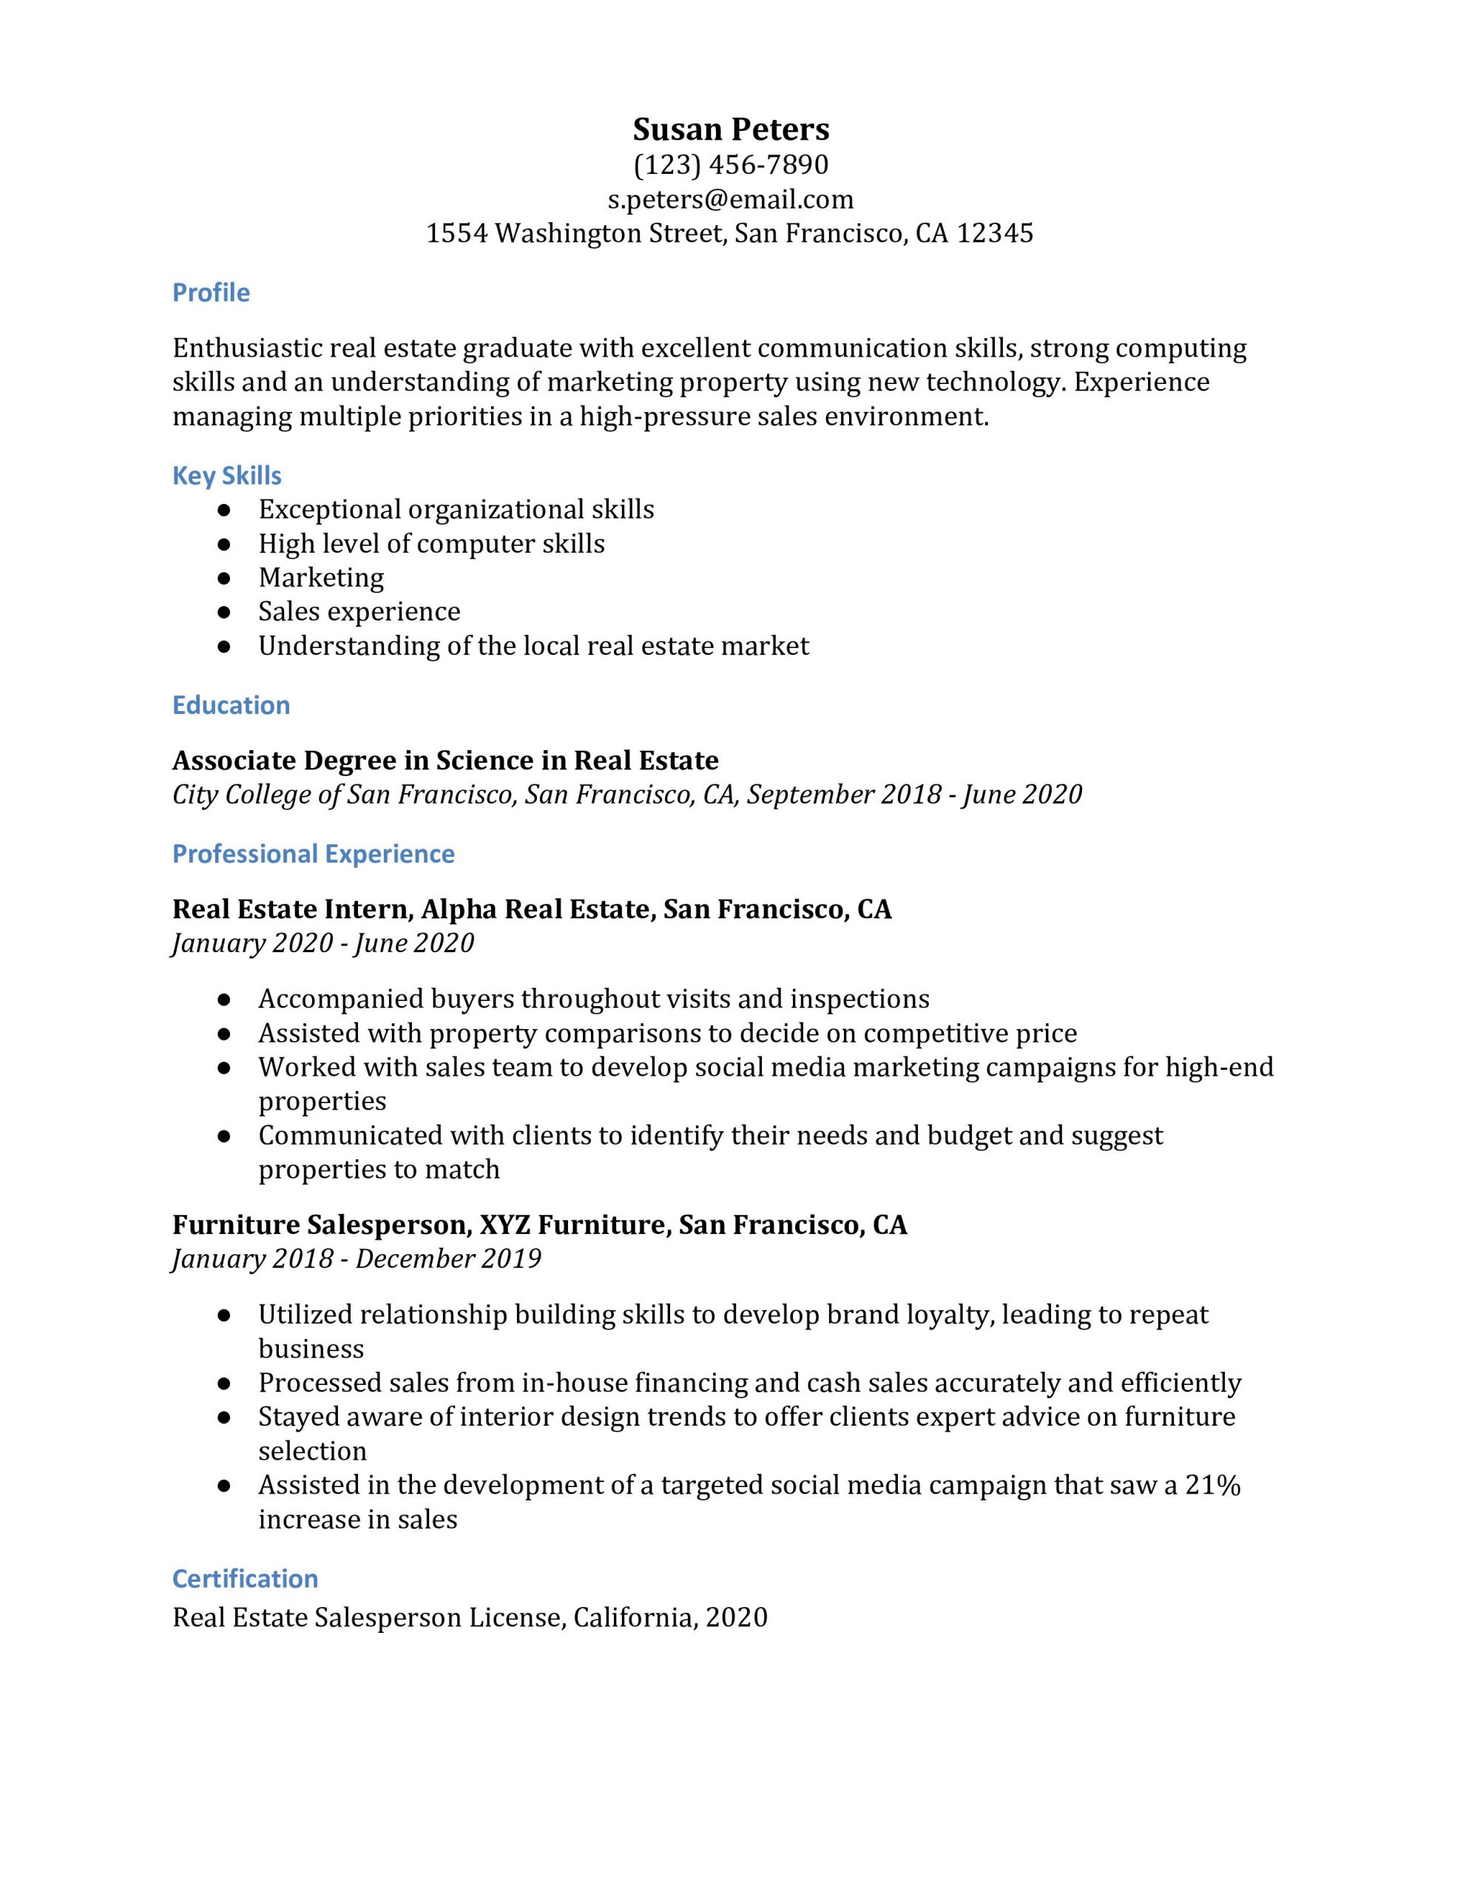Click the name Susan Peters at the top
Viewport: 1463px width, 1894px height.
[730, 129]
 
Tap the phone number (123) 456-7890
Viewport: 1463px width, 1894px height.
[730, 165]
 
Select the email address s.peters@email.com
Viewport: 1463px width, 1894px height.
[730, 200]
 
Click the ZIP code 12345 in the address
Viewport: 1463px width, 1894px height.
[995, 233]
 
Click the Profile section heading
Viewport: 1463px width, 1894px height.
[211, 292]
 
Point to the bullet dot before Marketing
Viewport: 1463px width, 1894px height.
[224, 578]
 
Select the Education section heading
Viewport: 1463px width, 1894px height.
[231, 705]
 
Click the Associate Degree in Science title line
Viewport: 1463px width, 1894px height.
[445, 761]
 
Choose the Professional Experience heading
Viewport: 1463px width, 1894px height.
[313, 855]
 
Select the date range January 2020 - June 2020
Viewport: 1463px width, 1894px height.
[322, 943]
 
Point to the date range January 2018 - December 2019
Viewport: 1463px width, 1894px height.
[357, 1258]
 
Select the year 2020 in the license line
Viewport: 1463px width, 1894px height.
[736, 1617]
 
